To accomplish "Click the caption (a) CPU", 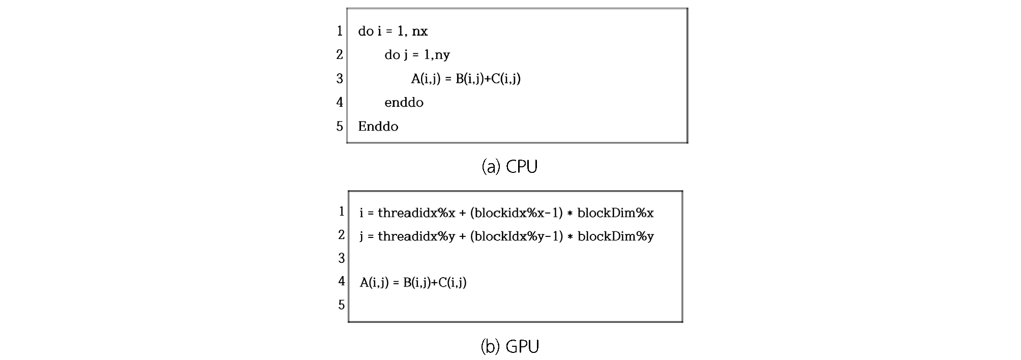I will click(x=509, y=167).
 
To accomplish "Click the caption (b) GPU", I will click(x=509, y=347).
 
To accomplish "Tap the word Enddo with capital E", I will click(x=378, y=127).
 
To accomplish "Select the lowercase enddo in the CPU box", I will click(x=404, y=103).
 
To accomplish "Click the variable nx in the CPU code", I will click(x=419, y=32).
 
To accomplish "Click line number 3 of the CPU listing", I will click(x=340, y=79).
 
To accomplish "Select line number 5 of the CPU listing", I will click(x=340, y=127).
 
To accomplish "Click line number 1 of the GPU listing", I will click(x=342, y=212).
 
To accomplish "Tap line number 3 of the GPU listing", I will click(x=342, y=259).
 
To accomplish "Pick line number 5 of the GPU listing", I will click(x=342, y=305).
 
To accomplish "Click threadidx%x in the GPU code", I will click(x=416, y=213).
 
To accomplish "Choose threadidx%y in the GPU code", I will click(x=416, y=236).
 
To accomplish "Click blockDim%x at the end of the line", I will click(x=615, y=213).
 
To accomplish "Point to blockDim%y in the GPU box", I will click(x=615, y=236).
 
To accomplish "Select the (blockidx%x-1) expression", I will click(x=516, y=213).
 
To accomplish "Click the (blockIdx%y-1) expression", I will click(x=516, y=236).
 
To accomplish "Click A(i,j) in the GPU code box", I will click(x=374, y=283).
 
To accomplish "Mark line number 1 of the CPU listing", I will click(x=340, y=32).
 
